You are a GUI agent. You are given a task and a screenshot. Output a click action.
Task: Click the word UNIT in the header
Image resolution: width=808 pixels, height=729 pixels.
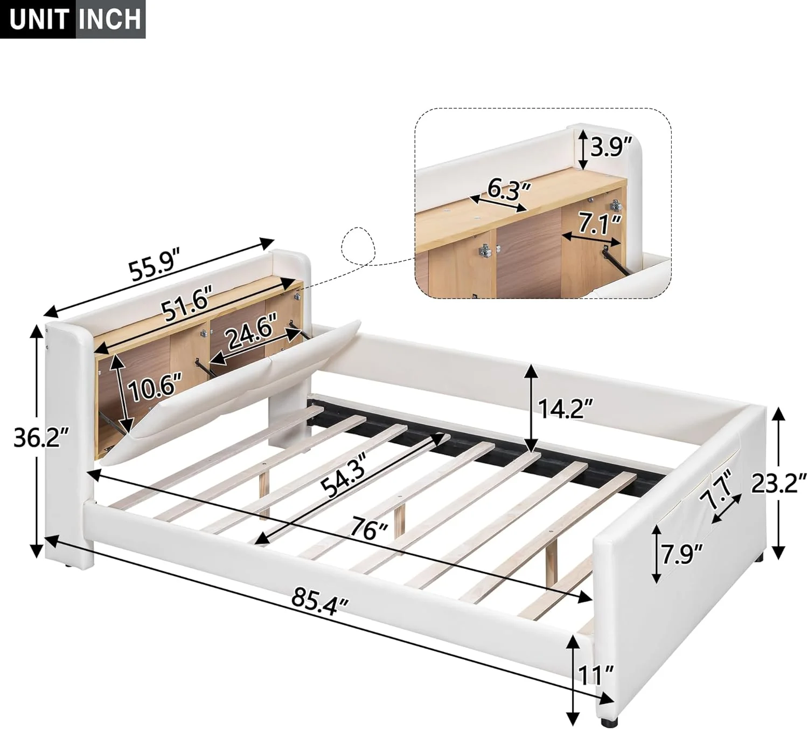pyautogui.click(x=38, y=19)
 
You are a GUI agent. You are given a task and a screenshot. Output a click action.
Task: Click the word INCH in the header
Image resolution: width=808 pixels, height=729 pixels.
pyautogui.click(x=109, y=19)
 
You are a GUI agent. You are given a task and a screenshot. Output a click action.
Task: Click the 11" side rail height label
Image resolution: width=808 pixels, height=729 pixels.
pyautogui.click(x=595, y=675)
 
